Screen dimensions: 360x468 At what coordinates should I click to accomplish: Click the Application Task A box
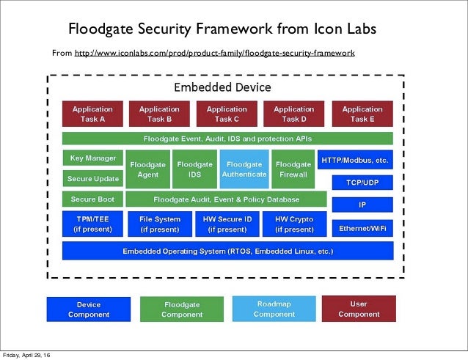pyautogui.click(x=92, y=114)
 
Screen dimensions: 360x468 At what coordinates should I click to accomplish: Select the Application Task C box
pyautogui.click(x=227, y=114)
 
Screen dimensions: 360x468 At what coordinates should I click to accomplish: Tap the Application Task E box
pyautogui.click(x=362, y=114)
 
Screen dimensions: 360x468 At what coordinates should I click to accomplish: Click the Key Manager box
pyautogui.click(x=92, y=158)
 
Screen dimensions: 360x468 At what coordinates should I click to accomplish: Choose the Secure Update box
pyautogui.click(x=92, y=178)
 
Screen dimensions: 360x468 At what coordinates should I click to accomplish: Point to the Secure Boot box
pyautogui.click(x=92, y=199)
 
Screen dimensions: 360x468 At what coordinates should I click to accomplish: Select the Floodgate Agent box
pyautogui.click(x=147, y=169)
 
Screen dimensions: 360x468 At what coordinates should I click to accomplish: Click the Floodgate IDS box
pyautogui.click(x=194, y=169)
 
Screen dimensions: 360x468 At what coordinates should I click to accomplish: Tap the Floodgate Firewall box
pyautogui.click(x=293, y=169)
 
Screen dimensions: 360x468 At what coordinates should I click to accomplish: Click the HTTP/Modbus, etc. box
pyautogui.click(x=355, y=159)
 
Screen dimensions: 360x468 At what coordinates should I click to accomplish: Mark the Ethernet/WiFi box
pyautogui.click(x=362, y=229)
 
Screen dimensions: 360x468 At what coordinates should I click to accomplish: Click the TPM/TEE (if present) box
pyautogui.click(x=92, y=224)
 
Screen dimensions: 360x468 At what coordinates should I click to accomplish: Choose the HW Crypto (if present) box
pyautogui.click(x=293, y=224)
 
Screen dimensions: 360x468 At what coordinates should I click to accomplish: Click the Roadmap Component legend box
pyautogui.click(x=274, y=309)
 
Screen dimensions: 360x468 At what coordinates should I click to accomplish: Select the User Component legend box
pyautogui.click(x=359, y=309)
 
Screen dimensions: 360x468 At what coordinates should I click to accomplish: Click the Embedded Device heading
pyautogui.click(x=222, y=87)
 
